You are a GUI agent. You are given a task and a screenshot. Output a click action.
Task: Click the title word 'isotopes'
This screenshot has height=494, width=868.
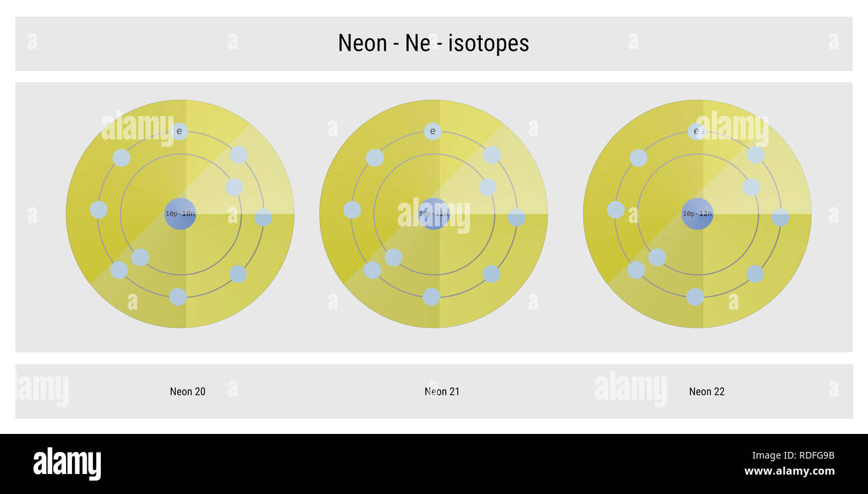click(489, 43)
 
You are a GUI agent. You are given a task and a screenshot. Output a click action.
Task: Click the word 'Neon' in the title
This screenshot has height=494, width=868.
click(363, 43)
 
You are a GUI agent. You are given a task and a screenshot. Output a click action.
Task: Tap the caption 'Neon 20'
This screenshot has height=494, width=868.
click(188, 392)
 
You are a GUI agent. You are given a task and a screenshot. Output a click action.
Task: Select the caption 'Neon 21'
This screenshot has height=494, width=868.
click(442, 392)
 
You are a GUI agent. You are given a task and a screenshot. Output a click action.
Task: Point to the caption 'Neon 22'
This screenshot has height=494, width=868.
click(706, 392)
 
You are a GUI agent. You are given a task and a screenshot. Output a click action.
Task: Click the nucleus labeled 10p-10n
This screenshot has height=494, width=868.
click(180, 214)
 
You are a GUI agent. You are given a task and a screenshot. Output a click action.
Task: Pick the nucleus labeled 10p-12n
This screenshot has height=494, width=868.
click(697, 214)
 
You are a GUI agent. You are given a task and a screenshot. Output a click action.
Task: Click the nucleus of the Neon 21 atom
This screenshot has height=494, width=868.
click(434, 214)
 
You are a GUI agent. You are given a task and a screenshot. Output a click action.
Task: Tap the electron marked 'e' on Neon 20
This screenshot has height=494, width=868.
click(179, 131)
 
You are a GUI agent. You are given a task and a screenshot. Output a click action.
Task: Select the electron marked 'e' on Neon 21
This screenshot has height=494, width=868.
click(433, 131)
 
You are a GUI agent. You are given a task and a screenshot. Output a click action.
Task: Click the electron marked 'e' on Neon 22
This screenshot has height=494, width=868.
click(696, 131)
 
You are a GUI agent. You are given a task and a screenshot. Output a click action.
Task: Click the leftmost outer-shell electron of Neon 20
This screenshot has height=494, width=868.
click(99, 210)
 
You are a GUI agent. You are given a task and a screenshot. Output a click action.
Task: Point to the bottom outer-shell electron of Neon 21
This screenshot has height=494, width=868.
click(431, 296)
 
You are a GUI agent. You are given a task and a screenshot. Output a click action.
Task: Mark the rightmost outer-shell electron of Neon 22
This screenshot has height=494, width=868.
click(780, 218)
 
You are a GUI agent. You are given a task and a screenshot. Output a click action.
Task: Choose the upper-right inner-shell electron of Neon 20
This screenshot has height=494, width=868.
click(234, 187)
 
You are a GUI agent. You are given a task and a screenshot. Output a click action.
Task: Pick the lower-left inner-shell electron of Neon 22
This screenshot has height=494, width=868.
click(657, 257)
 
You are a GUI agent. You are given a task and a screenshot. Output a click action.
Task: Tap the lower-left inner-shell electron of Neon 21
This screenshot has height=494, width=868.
click(394, 257)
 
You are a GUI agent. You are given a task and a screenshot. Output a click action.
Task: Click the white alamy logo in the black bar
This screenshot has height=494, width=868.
click(67, 464)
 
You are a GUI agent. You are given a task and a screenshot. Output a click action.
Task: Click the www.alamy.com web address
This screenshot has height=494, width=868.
click(789, 471)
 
